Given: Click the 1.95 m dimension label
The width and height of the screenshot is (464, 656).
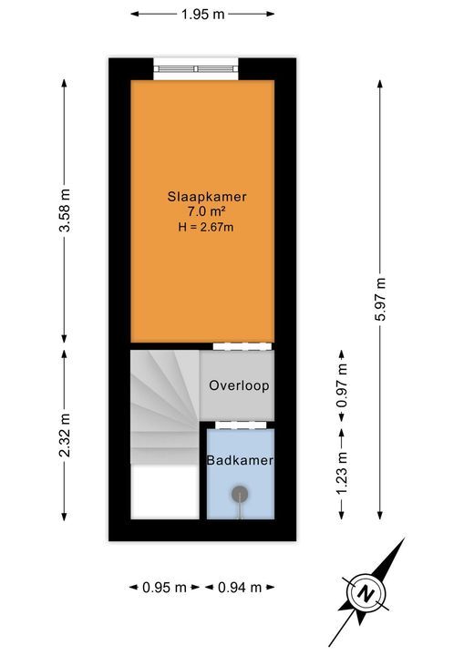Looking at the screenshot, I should [x=203, y=14].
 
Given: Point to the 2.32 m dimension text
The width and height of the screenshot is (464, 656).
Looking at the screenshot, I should [x=64, y=436].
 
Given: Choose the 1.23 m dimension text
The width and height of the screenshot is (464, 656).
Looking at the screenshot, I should [x=343, y=473].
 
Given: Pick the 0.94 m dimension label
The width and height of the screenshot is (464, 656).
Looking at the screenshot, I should [x=240, y=587].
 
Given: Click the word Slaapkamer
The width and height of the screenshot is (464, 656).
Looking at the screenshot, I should [x=207, y=196].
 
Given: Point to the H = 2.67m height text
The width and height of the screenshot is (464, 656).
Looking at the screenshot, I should [x=207, y=227].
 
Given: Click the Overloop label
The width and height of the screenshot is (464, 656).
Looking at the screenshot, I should [x=239, y=385].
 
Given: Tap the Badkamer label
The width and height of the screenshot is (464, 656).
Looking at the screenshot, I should [x=240, y=461].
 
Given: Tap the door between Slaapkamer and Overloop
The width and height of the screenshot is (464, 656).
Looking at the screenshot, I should [x=242, y=346].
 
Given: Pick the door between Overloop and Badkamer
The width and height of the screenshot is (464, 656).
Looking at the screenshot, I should [x=240, y=424].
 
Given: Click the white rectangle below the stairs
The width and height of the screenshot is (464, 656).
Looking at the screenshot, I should [x=165, y=492].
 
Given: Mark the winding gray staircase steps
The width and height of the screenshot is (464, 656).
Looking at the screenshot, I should [x=164, y=401].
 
